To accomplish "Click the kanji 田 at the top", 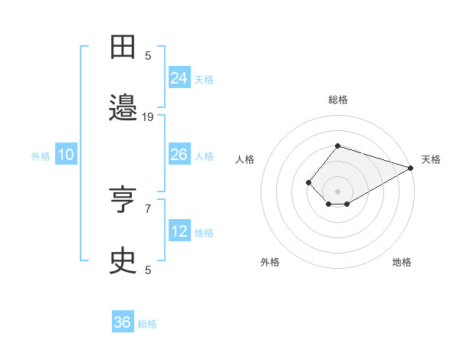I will [x=123, y=47].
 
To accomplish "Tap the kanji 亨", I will [x=123, y=201].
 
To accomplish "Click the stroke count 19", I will [x=148, y=116].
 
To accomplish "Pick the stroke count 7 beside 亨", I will [x=148, y=208].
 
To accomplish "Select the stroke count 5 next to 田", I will [x=148, y=55].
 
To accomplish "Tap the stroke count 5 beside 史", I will [x=148, y=270].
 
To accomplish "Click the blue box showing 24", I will [x=179, y=77].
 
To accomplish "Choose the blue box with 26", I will [x=179, y=155].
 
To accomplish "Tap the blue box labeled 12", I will [x=179, y=231].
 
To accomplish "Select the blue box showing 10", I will [x=65, y=155].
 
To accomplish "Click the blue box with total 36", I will [x=123, y=322].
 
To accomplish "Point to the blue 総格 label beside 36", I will [x=147, y=324].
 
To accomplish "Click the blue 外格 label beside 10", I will [x=41, y=156].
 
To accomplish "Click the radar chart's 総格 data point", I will [x=337, y=146].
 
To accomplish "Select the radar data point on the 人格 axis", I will [x=308, y=182].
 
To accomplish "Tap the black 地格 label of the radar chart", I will [x=402, y=262].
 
